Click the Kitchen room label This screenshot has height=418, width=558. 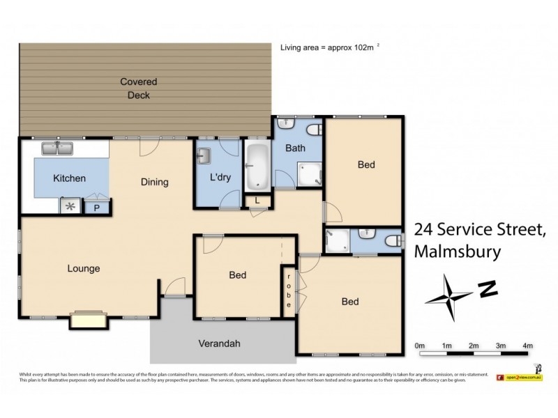pos(69,178)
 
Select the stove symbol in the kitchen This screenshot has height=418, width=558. pos(70,206)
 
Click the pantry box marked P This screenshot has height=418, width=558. pos(96,207)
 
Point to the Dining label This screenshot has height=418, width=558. pos(154,183)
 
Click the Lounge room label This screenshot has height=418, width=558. pos(83,268)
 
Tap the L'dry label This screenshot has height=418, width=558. pos(220,178)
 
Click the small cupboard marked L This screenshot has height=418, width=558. pos(257,201)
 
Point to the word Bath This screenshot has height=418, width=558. pos(295,148)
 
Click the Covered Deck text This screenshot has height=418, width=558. pos(138,88)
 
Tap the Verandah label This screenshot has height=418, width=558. pos(220,343)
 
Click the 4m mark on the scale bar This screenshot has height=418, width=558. pos(527,346)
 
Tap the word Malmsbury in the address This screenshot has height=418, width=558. pos(457,251)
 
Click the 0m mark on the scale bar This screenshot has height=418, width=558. pos(419,346)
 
